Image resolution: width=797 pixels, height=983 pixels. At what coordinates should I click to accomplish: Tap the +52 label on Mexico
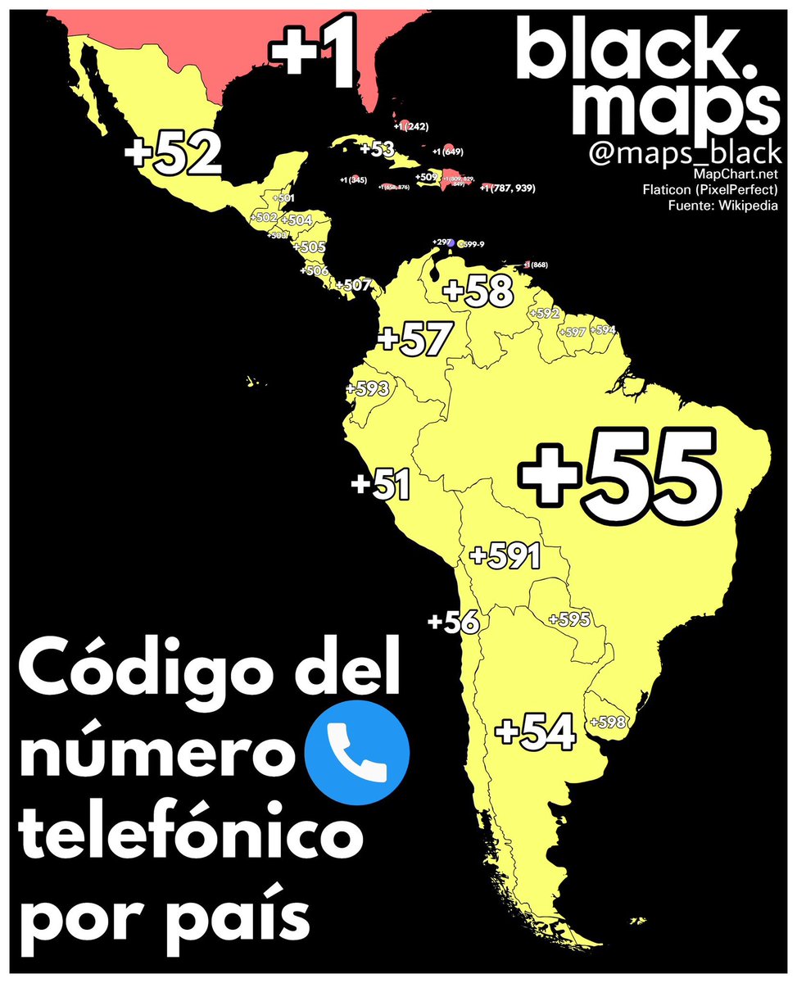[x=174, y=155]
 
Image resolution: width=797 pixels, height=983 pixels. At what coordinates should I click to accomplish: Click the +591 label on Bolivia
[x=505, y=556]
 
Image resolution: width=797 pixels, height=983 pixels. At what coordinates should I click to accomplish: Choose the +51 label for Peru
[x=380, y=483]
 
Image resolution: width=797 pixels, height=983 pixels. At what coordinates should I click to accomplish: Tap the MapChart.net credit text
[x=736, y=174]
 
